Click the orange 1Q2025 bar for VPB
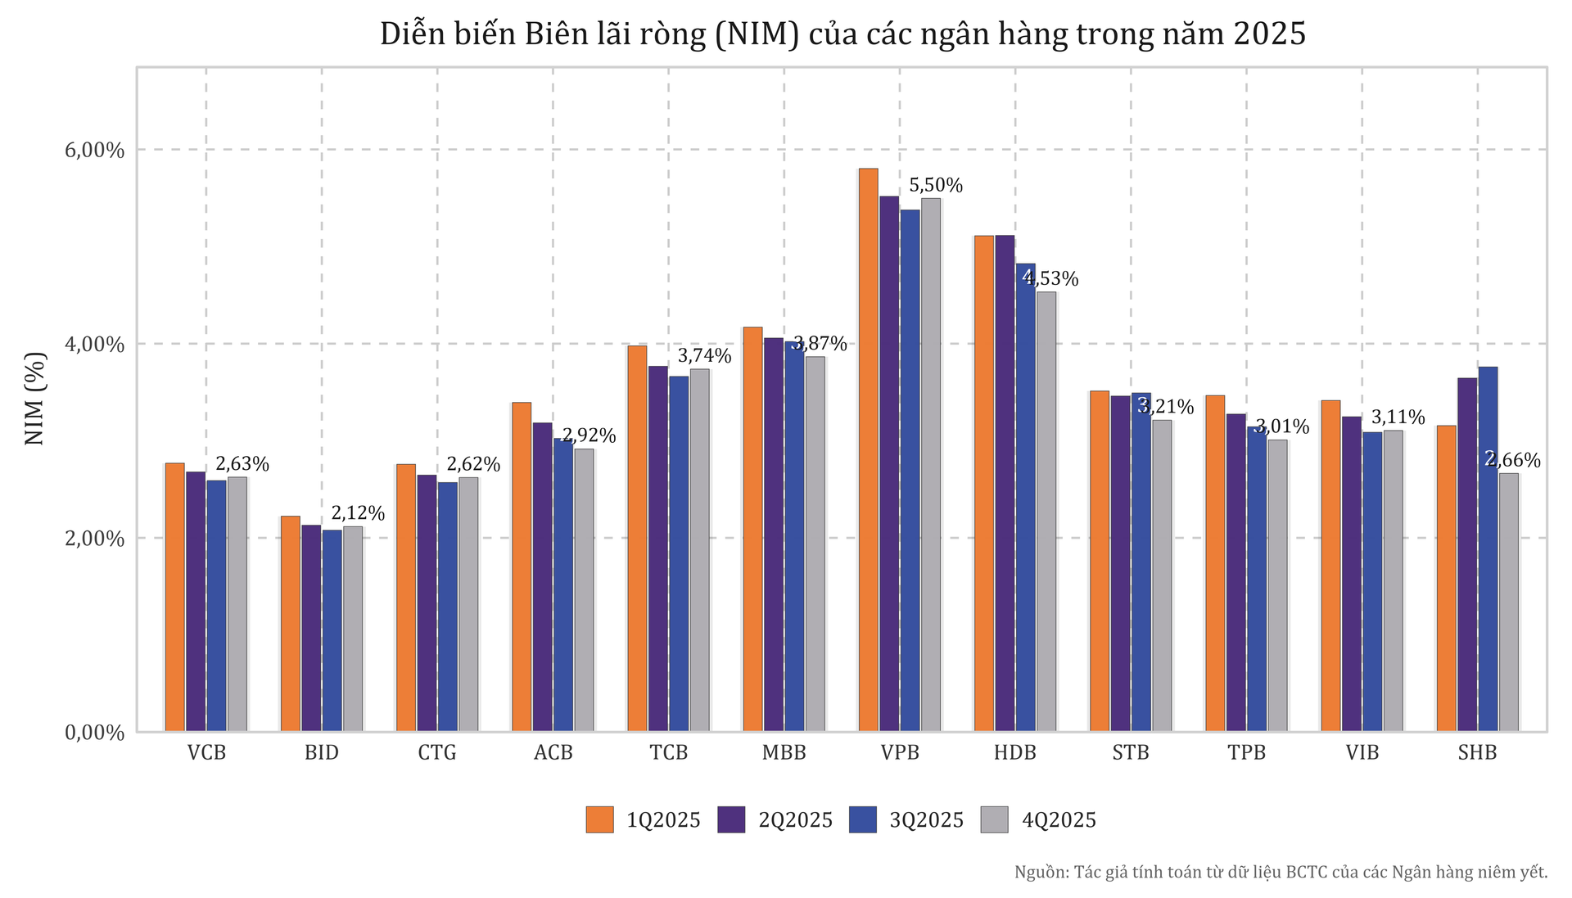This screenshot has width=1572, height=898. pos(868,450)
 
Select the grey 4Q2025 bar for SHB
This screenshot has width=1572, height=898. pos(1508,602)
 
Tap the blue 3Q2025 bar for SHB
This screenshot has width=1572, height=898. pos(1488,548)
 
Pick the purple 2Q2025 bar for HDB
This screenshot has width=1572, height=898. pos(1005,483)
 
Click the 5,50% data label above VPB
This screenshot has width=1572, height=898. pos(936,186)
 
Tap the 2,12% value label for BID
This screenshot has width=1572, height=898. pos(358,513)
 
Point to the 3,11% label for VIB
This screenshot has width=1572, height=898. pos(1398,417)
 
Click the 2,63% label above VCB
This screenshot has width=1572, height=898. pos(242,464)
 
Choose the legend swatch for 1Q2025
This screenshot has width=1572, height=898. pos(599,819)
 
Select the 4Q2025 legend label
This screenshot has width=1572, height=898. pos(1059,820)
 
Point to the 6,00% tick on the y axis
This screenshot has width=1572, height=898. pos(94,151)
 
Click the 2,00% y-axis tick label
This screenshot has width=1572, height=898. pos(94,539)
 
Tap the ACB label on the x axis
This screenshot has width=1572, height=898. pos(553,753)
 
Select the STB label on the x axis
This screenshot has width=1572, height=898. pos(1131,753)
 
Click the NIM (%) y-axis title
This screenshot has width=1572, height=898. pos(34,399)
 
